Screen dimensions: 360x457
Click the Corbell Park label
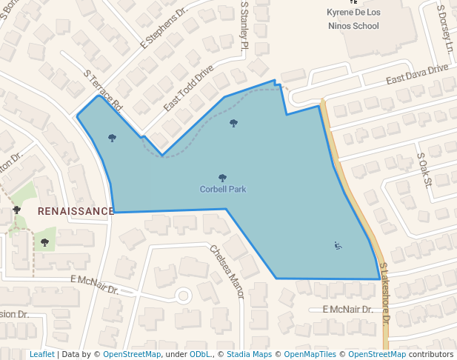tap(223, 190)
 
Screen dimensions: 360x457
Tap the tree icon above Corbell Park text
tap(223, 178)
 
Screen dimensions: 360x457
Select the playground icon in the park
tap(338, 246)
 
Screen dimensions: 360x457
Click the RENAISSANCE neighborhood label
tap(76, 211)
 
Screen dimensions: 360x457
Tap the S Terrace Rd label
tap(103, 91)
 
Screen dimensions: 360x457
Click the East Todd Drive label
tap(188, 88)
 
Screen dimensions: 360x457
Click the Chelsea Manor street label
tap(227, 271)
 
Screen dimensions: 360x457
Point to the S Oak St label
tap(424, 171)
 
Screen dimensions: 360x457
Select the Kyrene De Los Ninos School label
tap(353, 19)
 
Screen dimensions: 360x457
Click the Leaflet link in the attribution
tap(41, 355)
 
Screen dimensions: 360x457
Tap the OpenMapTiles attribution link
tap(310, 355)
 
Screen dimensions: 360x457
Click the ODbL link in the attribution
tap(200, 355)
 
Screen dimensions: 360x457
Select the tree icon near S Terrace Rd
tap(112, 137)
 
